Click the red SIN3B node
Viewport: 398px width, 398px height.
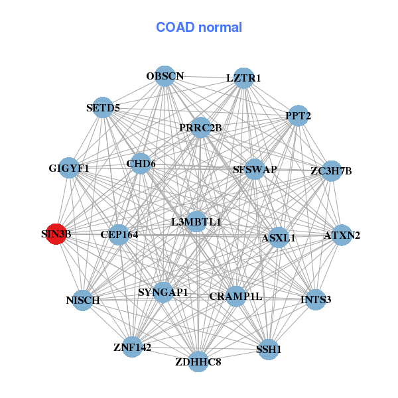(x=56, y=234)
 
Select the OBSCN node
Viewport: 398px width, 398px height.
(x=165, y=76)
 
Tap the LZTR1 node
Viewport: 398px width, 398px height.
(x=244, y=78)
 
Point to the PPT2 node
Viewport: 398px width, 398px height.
(x=298, y=115)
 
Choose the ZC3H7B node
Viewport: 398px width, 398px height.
(x=331, y=170)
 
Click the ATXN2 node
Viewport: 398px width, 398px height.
(x=342, y=235)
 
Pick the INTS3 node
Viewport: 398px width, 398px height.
(x=316, y=300)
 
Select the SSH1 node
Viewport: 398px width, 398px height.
(x=269, y=349)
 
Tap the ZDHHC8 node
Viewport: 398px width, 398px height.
(x=198, y=362)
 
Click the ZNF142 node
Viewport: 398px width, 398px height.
(x=132, y=347)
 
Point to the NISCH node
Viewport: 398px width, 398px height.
(x=83, y=300)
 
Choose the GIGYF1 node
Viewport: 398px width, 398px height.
(x=69, y=168)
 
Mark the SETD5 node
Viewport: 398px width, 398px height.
(x=103, y=107)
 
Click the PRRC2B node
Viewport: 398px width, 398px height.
(x=200, y=127)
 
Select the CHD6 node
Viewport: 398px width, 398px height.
(x=141, y=163)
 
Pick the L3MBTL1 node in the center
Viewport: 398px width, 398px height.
(x=196, y=222)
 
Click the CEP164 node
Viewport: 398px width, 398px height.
(x=118, y=234)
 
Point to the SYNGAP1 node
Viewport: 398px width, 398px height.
(x=163, y=292)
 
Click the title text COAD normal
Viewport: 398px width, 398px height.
(x=199, y=27)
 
